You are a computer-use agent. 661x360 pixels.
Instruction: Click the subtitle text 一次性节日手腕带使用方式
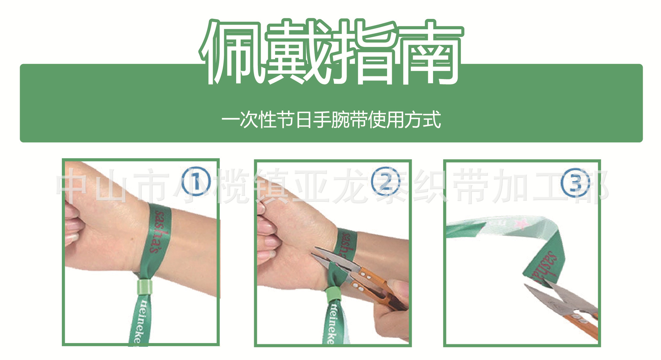tap(331, 120)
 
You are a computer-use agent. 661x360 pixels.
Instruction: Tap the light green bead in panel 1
tap(145, 287)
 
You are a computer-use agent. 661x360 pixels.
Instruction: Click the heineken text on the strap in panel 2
tap(331, 324)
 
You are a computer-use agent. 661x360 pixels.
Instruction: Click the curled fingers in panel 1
tap(74, 224)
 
